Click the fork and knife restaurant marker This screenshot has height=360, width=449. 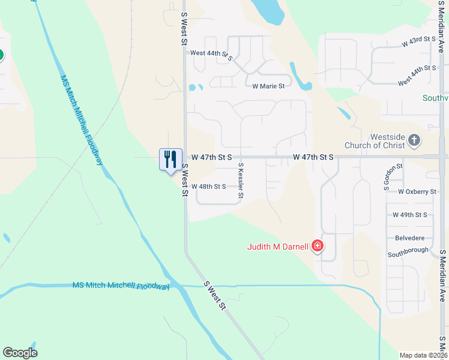point(170,160)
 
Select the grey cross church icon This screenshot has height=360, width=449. point(414,140)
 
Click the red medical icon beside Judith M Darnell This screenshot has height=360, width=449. point(317,246)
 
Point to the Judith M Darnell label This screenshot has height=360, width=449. point(277,246)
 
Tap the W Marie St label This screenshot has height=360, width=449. point(268,86)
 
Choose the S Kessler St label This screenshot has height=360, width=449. point(241,180)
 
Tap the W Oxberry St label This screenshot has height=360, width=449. point(417,191)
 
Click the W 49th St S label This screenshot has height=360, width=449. point(409,214)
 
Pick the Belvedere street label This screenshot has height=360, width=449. point(410,238)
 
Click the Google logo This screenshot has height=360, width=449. point(20,353)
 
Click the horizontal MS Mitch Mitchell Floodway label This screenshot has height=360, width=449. point(121,286)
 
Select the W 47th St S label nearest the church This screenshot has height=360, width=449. point(313,157)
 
